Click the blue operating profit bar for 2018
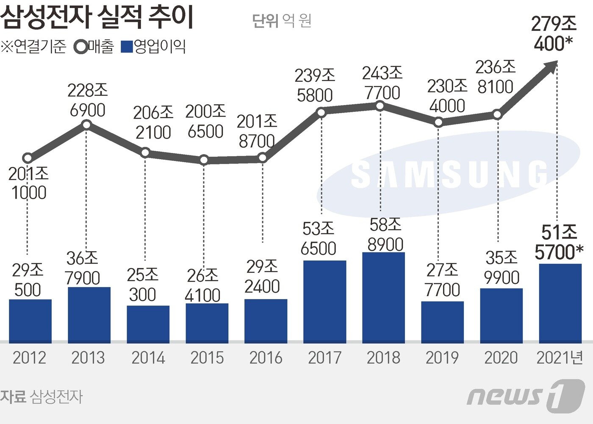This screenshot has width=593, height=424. (x=383, y=297)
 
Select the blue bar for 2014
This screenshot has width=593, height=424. (x=148, y=324)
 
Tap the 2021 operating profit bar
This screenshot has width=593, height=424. (x=560, y=303)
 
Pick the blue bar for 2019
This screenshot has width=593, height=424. (x=442, y=322)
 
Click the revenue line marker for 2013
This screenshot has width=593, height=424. (x=86, y=125)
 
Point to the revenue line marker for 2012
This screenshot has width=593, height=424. (x=28, y=158)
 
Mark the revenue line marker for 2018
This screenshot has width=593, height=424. (x=380, y=106)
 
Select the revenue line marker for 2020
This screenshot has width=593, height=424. (x=498, y=114)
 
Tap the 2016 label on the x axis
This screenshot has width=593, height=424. (x=266, y=358)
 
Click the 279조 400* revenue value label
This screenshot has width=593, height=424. (x=554, y=34)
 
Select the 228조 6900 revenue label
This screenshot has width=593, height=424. (x=88, y=100)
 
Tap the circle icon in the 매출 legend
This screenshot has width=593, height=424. (x=80, y=47)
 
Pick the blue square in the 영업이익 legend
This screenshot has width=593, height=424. (x=127, y=47)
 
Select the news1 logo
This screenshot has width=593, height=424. (x=525, y=396)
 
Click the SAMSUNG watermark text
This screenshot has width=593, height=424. (x=449, y=175)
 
